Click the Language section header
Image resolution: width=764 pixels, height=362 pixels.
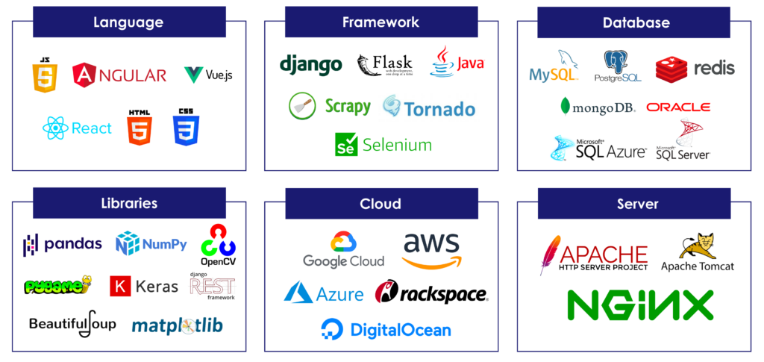coord(128,22)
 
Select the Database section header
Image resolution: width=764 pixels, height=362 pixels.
coord(636,22)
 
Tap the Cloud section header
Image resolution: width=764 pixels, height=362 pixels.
coord(381,203)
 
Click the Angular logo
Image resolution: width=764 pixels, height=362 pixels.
coord(119,75)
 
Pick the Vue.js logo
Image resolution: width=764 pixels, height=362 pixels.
coord(208,75)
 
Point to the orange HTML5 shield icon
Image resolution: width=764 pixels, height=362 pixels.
coord(139,128)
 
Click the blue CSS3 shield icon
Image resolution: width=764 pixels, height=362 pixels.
coord(184,128)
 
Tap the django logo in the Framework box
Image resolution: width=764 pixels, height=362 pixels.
coord(310,65)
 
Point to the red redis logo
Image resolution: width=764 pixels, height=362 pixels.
coord(695,69)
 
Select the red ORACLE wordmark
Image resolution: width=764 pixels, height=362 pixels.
coord(678,107)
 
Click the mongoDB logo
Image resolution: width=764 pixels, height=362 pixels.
coord(598,107)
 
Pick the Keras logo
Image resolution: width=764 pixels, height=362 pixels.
coord(144,286)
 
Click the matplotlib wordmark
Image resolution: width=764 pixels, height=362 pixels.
coord(177,325)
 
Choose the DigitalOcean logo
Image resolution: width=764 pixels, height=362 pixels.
coord(386,329)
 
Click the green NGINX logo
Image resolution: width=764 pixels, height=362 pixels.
coord(640,305)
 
